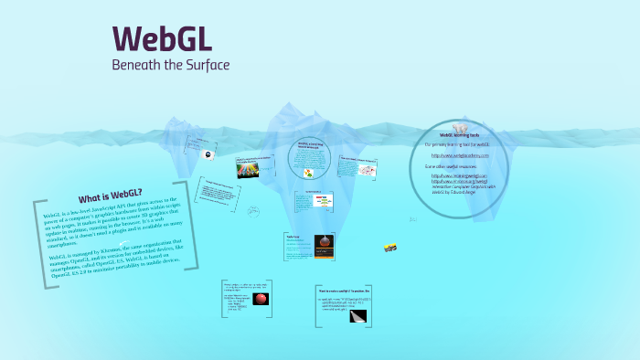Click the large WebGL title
coord(162,38)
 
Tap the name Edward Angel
coord(477,192)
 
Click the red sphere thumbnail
coord(261,299)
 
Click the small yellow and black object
coord(390,247)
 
